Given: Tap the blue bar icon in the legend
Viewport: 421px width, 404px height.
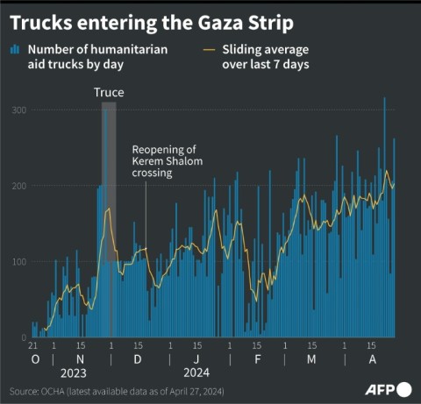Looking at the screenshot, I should (14, 50).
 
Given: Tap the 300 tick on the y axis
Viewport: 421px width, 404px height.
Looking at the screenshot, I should (18, 110).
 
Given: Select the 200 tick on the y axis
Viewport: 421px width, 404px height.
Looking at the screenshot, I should (18, 186).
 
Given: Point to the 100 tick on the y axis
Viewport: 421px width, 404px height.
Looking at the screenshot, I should (18, 262).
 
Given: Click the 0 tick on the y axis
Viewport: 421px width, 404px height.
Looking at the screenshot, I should (25, 337).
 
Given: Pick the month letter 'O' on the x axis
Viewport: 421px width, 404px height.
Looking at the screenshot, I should (35, 360).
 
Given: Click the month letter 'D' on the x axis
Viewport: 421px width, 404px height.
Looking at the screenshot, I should (137, 360).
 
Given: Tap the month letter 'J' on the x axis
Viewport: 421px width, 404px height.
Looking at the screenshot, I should (196, 360).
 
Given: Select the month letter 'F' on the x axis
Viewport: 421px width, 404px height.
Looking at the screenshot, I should (258, 360).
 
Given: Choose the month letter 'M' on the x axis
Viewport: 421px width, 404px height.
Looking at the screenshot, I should (312, 360).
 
